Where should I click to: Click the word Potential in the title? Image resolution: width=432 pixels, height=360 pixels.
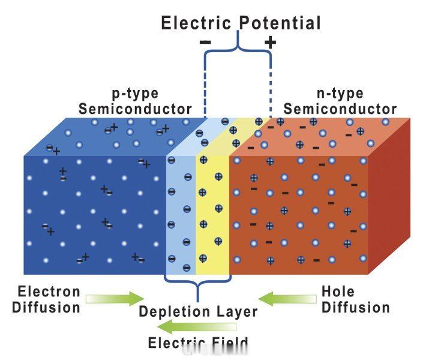click(x=280, y=23)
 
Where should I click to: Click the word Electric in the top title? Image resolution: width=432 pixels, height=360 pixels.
click(x=196, y=23)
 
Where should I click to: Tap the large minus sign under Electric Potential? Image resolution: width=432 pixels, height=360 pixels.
click(x=205, y=42)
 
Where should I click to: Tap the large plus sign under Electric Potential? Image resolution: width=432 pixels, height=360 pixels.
click(x=270, y=43)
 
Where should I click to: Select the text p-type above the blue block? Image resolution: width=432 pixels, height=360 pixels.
click(x=135, y=94)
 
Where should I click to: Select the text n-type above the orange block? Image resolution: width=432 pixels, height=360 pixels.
click(x=340, y=94)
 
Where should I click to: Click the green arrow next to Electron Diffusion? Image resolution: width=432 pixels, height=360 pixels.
click(x=115, y=299)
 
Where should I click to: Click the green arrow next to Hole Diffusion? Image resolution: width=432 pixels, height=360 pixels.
click(x=287, y=299)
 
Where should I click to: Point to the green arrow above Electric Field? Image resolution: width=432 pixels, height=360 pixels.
click(x=197, y=327)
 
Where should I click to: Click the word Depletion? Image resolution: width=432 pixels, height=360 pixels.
click(x=175, y=312)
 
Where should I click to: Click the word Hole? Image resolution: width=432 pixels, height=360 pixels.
click(x=338, y=292)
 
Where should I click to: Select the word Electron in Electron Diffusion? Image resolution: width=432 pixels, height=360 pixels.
click(x=49, y=292)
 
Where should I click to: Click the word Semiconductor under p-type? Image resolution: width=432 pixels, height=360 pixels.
click(x=135, y=109)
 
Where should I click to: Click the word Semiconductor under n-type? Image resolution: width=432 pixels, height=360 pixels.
click(x=340, y=109)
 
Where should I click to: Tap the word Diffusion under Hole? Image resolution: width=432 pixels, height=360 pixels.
click(x=356, y=307)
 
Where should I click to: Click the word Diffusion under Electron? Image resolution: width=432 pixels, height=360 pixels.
click(x=46, y=307)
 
